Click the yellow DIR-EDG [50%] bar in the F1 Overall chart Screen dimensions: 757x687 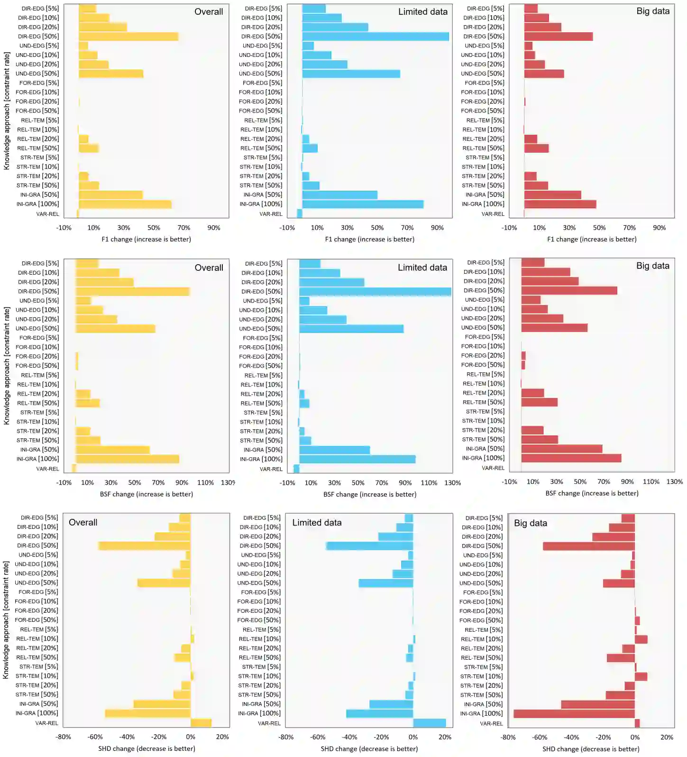coord(128,37)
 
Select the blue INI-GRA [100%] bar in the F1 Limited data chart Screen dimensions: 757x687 coord(363,204)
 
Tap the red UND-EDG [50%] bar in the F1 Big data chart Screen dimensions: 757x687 coord(544,74)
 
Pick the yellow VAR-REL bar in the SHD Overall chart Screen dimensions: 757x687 coord(201,723)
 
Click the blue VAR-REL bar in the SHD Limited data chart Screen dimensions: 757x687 coord(429,723)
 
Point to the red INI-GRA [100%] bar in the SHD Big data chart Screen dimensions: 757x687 coord(574,713)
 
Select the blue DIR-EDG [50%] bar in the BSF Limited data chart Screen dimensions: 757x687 coord(375,292)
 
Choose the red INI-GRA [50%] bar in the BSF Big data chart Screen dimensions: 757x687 coord(562,449)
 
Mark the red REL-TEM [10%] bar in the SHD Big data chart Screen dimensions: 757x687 coord(641,639)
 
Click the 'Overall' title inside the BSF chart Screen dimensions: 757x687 coord(209,268)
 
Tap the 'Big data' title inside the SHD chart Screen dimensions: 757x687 coord(530,523)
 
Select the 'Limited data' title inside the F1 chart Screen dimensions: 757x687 coord(422,12)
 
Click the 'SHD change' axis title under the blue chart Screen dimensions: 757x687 coord(369,749)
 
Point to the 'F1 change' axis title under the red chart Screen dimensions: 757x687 coord(591,240)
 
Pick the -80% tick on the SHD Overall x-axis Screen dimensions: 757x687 coord(64,737)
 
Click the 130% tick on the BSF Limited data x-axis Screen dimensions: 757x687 coord(452,483)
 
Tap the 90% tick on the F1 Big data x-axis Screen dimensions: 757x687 coord(659,228)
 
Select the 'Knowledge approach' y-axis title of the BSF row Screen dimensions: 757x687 coord(7,365)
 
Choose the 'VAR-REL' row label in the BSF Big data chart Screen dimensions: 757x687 coord(493,468)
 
